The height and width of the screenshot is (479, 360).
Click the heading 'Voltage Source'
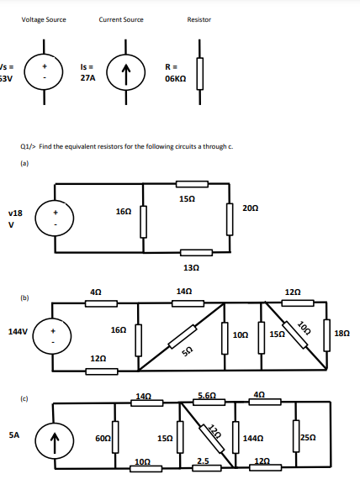click(x=44, y=19)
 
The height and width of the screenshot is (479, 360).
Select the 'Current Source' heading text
click(x=121, y=19)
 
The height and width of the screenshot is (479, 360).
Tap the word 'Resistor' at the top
click(x=199, y=19)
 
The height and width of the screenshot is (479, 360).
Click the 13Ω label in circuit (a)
click(x=191, y=266)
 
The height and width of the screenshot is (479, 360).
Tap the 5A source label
click(x=14, y=435)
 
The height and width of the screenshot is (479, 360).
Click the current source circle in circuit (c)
click(x=56, y=437)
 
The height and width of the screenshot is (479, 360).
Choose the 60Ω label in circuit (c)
click(x=102, y=438)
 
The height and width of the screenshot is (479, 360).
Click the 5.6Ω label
click(x=206, y=395)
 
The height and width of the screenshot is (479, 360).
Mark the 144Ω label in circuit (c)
click(x=251, y=439)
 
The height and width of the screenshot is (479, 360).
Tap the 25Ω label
click(x=308, y=439)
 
